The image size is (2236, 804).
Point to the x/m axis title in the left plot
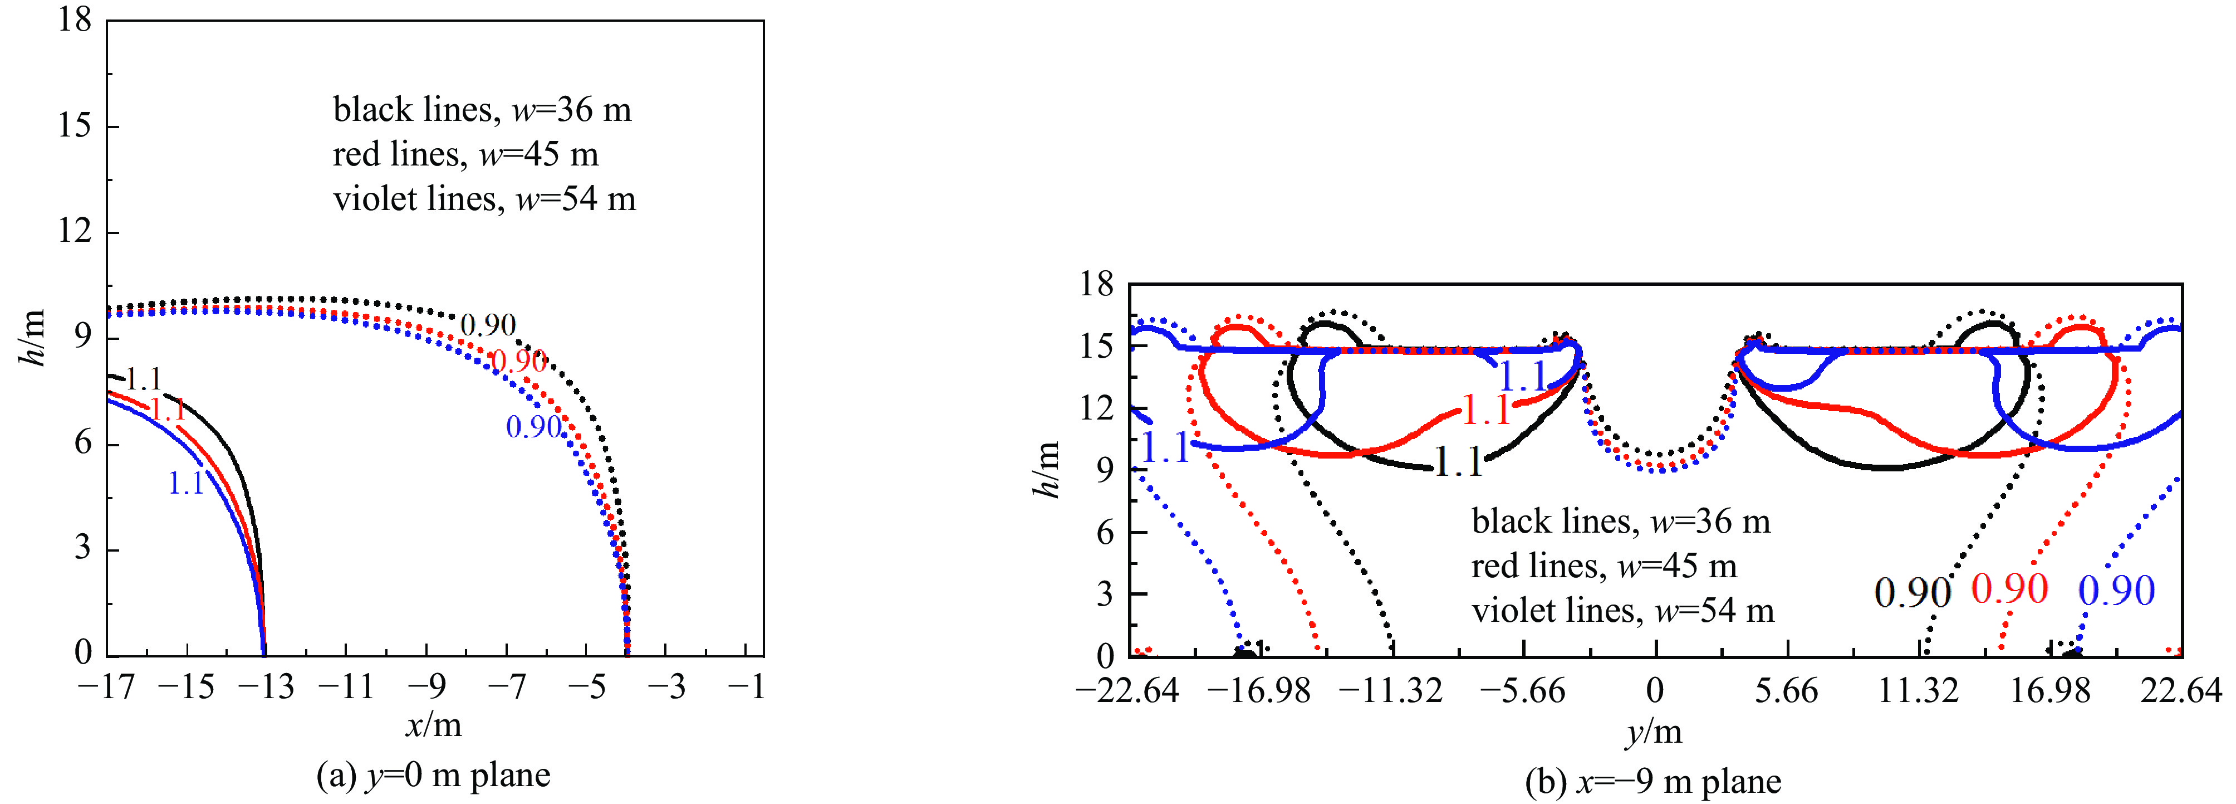(x=433, y=724)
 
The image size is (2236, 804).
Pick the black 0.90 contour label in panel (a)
(x=488, y=325)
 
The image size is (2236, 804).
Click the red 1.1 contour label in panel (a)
(x=168, y=410)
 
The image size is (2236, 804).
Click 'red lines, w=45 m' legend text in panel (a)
(x=465, y=154)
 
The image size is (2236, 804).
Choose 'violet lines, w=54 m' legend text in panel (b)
(x=1622, y=611)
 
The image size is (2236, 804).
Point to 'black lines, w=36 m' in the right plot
(x=1621, y=522)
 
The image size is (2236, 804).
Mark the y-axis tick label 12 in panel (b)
(x=1096, y=407)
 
